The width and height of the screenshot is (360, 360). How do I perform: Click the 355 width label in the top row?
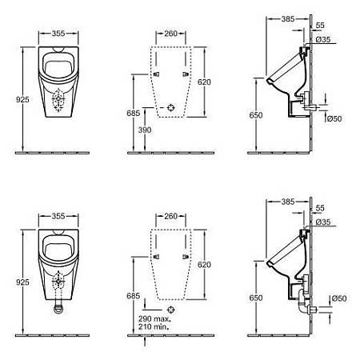point(56,34)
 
